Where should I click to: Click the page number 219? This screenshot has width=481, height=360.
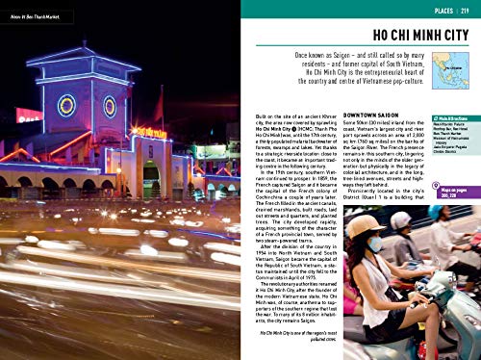point(466,12)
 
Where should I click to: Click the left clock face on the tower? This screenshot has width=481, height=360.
point(66,104)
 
